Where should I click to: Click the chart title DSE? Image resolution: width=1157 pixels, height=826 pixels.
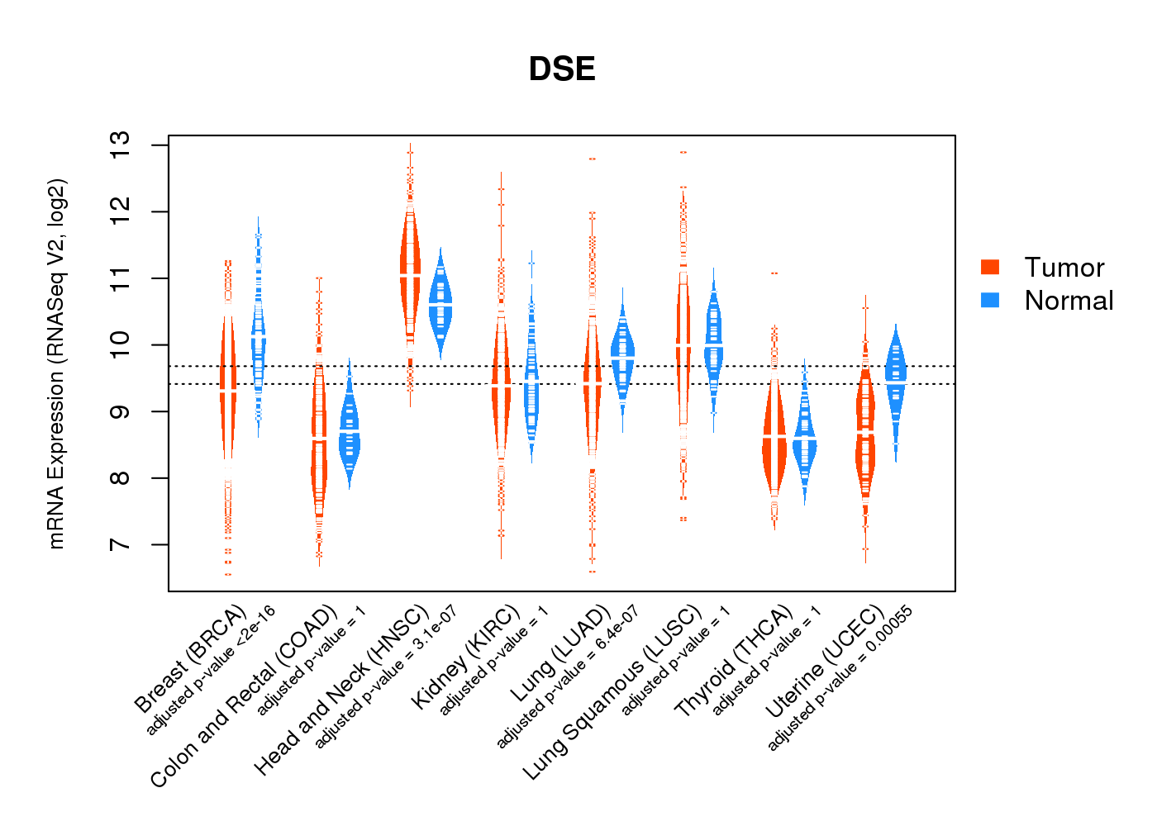point(562,69)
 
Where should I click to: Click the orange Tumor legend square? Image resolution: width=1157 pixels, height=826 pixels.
point(990,267)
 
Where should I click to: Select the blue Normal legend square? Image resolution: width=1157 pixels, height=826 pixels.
point(990,300)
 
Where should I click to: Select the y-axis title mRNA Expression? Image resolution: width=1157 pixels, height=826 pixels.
point(56,363)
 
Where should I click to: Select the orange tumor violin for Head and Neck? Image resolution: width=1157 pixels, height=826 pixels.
point(410,273)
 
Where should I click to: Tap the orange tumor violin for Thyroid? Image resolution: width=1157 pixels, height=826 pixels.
point(774,438)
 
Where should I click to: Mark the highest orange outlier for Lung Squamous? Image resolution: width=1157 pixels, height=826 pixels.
point(683,153)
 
